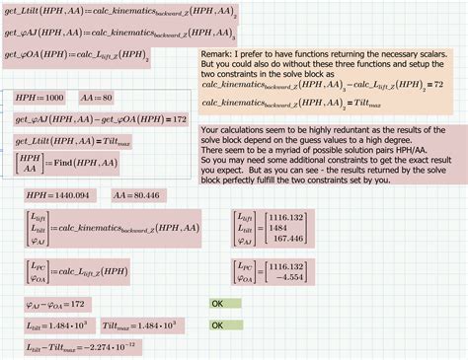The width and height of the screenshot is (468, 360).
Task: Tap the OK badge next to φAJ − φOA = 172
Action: coord(218,303)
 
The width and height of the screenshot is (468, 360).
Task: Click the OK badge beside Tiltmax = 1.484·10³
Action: coord(218,323)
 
